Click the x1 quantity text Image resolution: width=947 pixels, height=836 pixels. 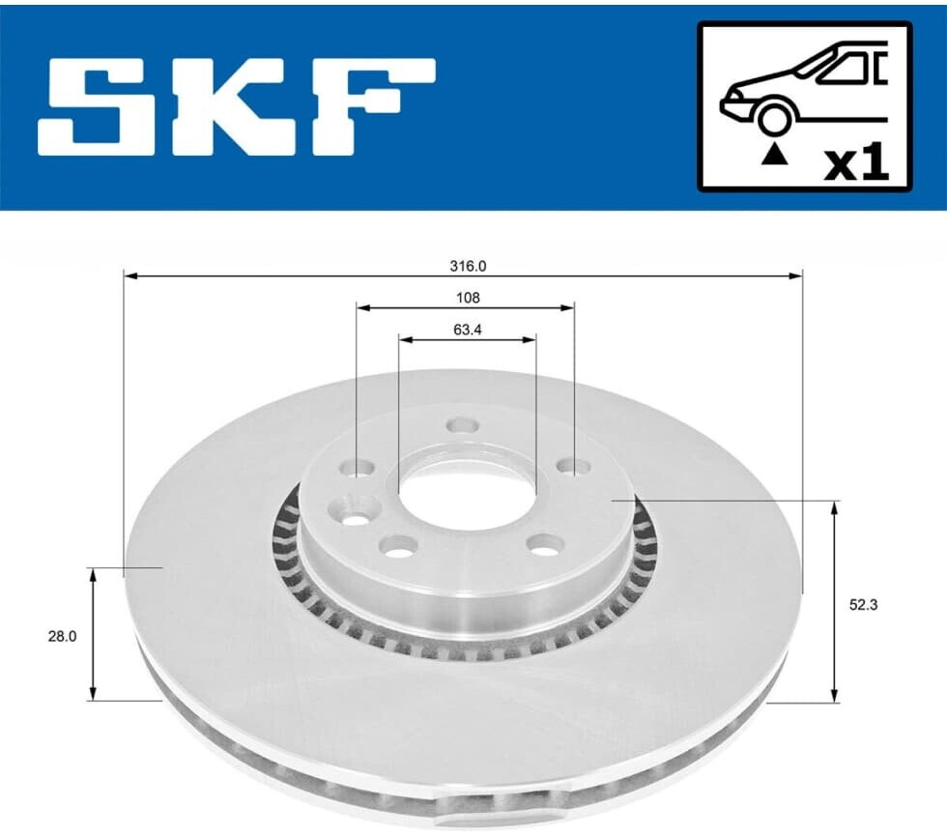857,164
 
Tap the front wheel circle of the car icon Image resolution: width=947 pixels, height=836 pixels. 775,118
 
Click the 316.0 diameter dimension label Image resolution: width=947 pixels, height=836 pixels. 468,266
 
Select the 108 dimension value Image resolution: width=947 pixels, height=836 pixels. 468,298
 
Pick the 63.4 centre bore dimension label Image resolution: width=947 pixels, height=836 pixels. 468,330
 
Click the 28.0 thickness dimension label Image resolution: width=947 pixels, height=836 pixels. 62,636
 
